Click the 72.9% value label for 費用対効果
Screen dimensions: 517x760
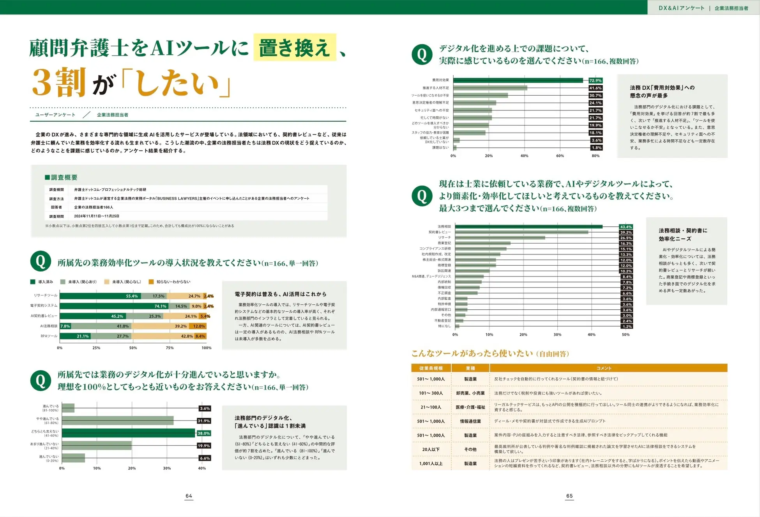[x=595, y=80]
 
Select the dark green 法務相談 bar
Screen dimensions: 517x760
[x=528, y=227]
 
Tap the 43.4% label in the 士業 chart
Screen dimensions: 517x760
[x=626, y=227]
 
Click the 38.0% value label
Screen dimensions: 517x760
[x=204, y=433]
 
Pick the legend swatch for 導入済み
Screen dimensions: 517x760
[x=33, y=282]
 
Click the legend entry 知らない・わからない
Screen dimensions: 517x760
[x=173, y=282]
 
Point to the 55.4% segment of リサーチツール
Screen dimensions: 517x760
[x=100, y=296]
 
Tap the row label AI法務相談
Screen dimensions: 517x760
[x=49, y=326]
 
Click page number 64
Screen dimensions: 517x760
[x=189, y=496]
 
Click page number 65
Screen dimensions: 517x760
[x=569, y=496]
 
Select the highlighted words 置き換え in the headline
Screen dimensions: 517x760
[x=295, y=48]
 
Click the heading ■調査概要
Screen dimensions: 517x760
[x=61, y=178]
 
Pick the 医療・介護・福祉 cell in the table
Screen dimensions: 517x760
[x=470, y=407]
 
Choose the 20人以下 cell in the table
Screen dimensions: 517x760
[x=431, y=449]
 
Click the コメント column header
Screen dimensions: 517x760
[x=604, y=368]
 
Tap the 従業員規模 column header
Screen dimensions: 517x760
[x=431, y=368]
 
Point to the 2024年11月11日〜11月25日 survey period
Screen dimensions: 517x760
[x=97, y=216]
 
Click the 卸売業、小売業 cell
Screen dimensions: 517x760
[x=470, y=393]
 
